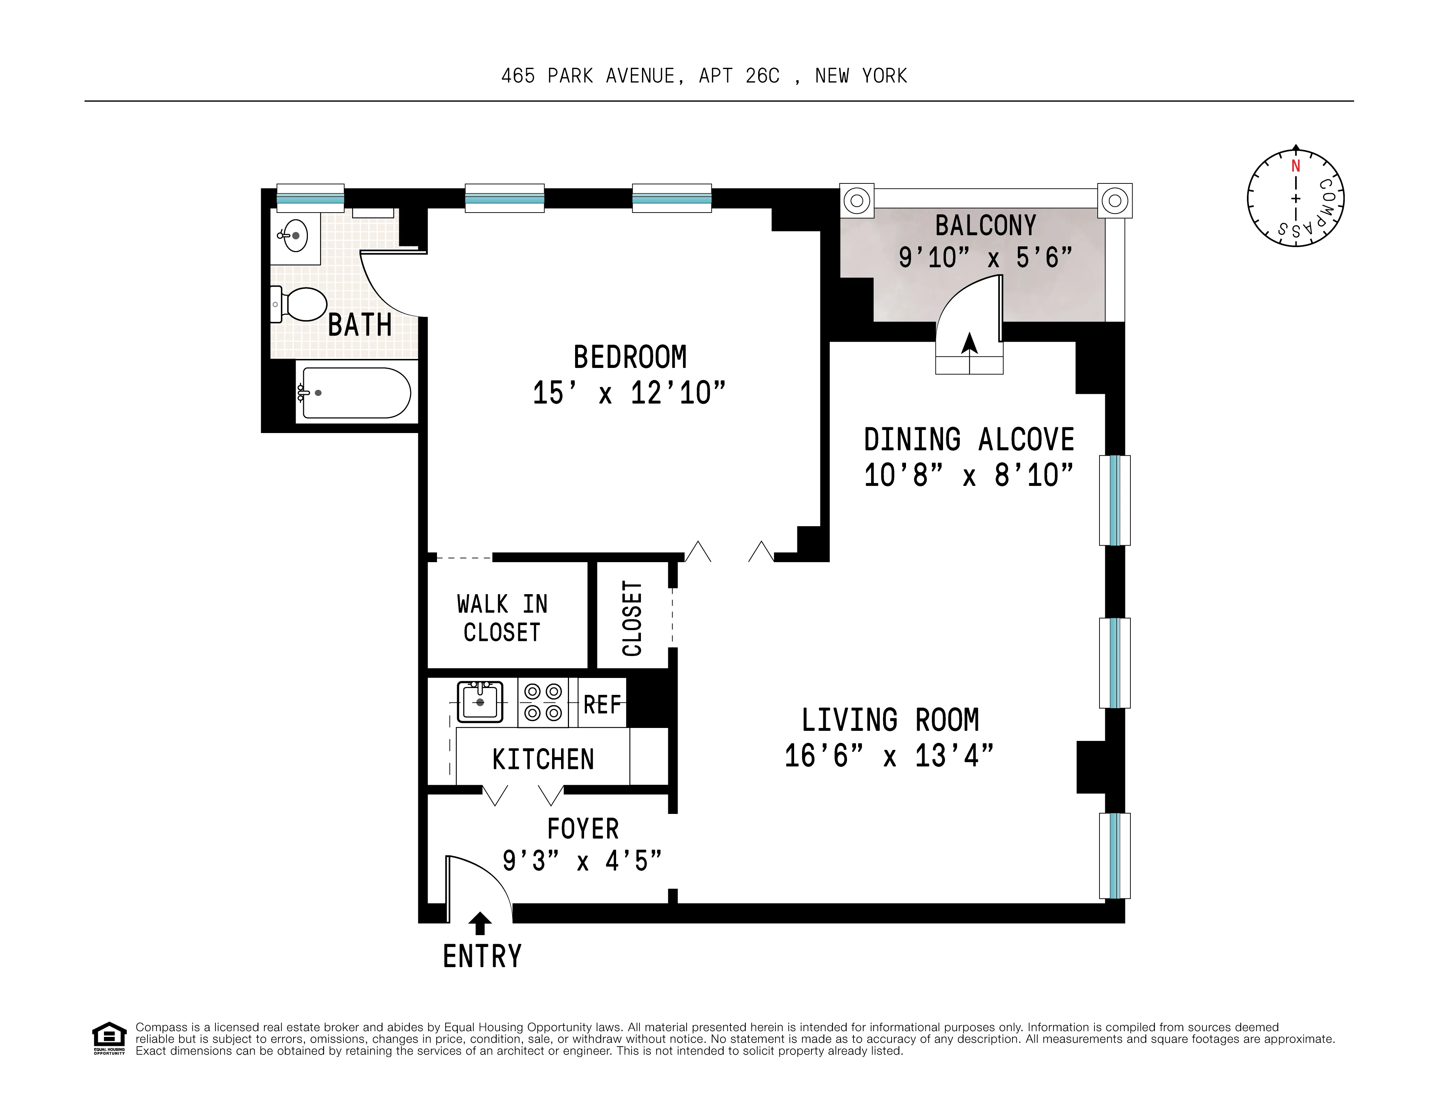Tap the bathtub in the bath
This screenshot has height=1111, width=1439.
[x=356, y=393]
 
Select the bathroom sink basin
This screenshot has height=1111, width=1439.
[x=296, y=235]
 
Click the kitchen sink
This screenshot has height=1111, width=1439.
[x=480, y=702]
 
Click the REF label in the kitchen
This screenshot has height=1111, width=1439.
[x=602, y=705]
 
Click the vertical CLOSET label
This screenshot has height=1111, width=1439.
[x=632, y=618]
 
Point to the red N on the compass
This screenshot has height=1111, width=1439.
[x=1295, y=166]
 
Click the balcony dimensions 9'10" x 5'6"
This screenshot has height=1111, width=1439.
[x=985, y=258]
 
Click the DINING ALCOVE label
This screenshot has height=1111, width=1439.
[x=969, y=440]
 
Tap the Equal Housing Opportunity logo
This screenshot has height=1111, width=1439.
[x=109, y=1038]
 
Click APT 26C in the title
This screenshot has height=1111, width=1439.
[x=739, y=77]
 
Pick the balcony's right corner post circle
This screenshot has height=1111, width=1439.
[x=1115, y=200]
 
